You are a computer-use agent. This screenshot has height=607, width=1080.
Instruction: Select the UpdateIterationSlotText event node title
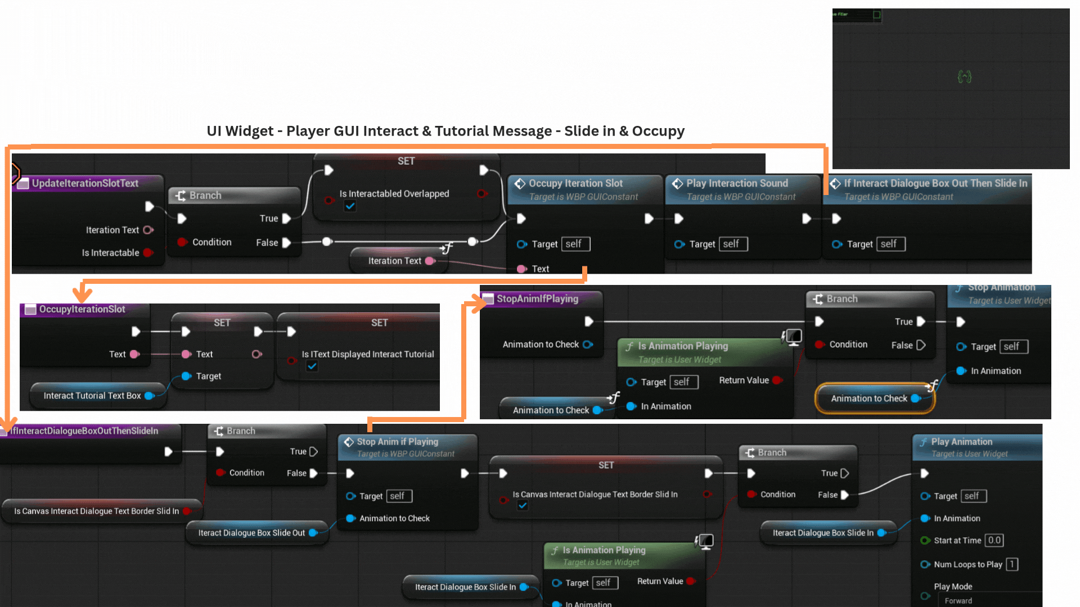85,183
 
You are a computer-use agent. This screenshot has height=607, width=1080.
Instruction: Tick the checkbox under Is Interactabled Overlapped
350,206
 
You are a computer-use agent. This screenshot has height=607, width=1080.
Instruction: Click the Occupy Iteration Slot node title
575,183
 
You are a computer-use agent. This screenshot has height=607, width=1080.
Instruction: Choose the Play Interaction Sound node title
737,183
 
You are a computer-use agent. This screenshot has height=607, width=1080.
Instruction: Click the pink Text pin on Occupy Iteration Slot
521,269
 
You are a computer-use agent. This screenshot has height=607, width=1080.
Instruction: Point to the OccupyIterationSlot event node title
82,309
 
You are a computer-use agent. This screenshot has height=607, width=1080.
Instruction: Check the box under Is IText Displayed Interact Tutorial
312,366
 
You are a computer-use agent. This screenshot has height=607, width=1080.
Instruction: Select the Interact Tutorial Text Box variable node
93,396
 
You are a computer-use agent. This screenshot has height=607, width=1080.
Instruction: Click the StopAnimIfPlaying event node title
537,299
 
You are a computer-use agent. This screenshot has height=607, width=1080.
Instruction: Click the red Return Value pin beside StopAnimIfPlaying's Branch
777,380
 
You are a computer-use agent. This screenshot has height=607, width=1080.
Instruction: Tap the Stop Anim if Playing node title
397,442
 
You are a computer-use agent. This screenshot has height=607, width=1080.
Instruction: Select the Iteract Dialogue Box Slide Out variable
251,533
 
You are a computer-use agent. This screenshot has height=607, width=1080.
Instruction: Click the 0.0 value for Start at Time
994,540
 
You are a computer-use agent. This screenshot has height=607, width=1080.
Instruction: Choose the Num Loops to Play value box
1011,564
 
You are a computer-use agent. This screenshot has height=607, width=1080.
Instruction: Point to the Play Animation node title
961,442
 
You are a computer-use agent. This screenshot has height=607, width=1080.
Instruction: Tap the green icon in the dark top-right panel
964,77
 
